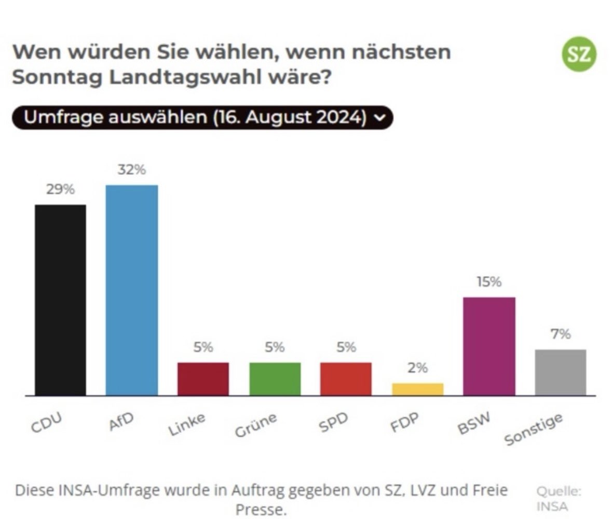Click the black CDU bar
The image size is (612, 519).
pos(60,300)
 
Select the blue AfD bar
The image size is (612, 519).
pos(131,290)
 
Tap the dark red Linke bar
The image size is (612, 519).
pos(203,379)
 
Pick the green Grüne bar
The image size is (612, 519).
pos(275,379)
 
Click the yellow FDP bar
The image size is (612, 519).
pos(417,389)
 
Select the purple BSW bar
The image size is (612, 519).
pos(489,346)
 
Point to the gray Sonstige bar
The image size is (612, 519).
pos(560,372)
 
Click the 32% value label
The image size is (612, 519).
pos(131,170)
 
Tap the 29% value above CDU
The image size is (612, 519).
pos(60,189)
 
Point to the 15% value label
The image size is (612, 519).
pos(489,282)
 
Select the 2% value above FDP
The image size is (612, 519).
pos(417,368)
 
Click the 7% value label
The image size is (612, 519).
pos(561,334)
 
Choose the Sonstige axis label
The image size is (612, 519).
pos(534,430)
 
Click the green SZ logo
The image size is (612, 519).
pos(579,54)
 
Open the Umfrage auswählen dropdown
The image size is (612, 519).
pos(202,117)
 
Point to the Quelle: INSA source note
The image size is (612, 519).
pos(559,498)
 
